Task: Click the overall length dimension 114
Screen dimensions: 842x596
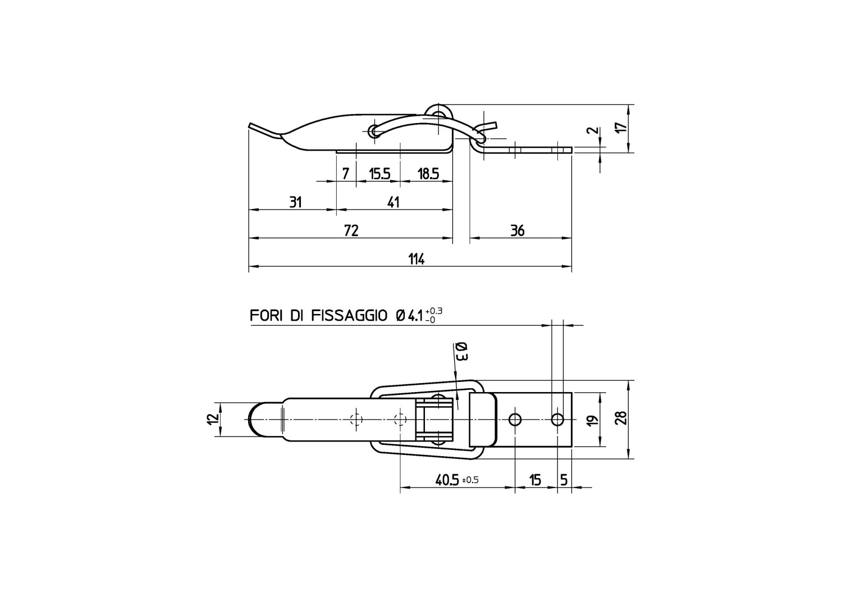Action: (417, 260)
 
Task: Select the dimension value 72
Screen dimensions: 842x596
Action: (351, 231)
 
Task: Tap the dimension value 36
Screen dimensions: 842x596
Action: (517, 231)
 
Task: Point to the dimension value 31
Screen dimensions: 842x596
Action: (295, 202)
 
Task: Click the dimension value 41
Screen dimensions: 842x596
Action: (393, 202)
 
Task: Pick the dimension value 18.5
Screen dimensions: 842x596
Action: (428, 174)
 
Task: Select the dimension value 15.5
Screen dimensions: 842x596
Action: (379, 174)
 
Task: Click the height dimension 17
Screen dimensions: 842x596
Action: (623, 127)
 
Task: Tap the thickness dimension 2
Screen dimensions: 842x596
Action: (593, 130)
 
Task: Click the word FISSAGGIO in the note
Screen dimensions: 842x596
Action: (349, 316)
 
